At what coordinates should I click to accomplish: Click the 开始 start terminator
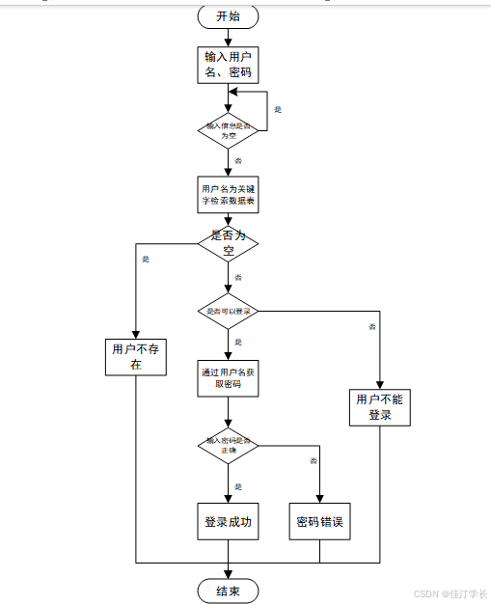229,16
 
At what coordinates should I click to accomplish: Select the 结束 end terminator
229,591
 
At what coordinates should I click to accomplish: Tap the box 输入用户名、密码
229,64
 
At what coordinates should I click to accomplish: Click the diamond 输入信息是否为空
229,129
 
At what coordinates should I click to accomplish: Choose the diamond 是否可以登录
229,312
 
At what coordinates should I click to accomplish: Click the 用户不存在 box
136,357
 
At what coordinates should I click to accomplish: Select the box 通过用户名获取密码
229,377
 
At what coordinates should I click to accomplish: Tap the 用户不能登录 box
380,407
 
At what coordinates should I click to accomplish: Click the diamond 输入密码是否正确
229,446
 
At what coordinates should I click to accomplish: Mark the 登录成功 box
229,522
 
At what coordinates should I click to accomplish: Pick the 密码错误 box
320,523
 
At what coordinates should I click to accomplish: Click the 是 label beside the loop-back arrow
278,110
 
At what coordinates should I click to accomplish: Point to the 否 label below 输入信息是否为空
238,159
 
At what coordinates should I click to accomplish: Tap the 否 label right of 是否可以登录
371,328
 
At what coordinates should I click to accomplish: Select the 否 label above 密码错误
313,462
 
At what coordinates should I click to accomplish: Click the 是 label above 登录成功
238,486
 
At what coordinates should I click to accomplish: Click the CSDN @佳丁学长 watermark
450,594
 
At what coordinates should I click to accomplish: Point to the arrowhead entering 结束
229,575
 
